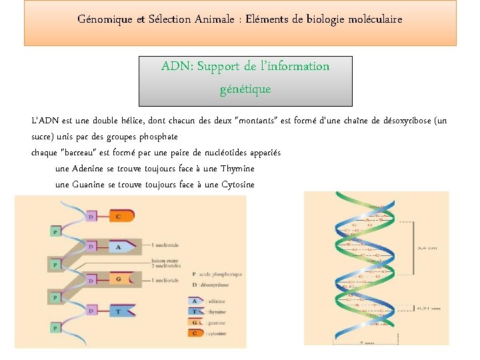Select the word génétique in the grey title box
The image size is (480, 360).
tap(245, 89)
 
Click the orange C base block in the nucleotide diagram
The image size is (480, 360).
tap(122, 215)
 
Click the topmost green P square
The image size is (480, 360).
tap(56, 231)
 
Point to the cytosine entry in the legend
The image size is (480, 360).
tap(215, 333)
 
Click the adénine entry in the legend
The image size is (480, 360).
tap(215, 301)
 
